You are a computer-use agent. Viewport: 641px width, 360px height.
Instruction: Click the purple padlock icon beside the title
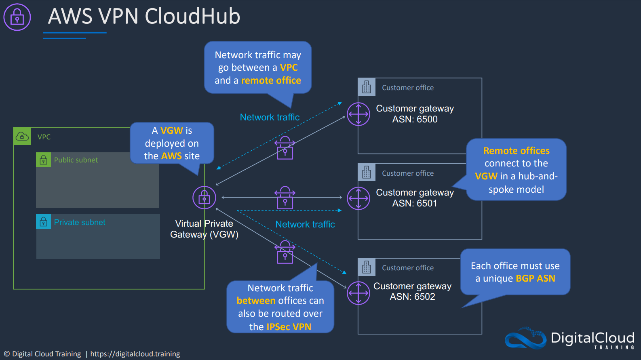click(x=17, y=17)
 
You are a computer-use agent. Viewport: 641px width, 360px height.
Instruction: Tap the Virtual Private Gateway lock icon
click(x=204, y=198)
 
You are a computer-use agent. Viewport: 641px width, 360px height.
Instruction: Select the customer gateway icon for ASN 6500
click(x=358, y=114)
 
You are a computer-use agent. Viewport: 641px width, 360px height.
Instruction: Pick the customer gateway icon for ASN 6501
click(x=358, y=198)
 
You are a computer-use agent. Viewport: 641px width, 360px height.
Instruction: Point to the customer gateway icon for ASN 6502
click(x=358, y=293)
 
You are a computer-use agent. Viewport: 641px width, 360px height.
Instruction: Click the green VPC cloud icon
click(x=22, y=136)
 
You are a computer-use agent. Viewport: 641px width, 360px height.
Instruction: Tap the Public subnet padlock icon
click(x=44, y=160)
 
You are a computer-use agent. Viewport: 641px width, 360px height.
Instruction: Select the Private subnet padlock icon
click(x=44, y=222)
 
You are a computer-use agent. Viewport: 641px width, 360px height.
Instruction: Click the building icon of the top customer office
click(x=367, y=87)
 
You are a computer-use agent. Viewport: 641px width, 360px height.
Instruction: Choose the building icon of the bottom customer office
click(x=367, y=267)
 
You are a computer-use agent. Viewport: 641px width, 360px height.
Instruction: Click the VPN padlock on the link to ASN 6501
click(x=285, y=198)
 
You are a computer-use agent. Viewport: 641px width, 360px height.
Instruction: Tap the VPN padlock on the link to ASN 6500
click(x=285, y=147)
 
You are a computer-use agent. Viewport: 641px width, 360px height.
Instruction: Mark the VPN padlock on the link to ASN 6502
click(x=285, y=252)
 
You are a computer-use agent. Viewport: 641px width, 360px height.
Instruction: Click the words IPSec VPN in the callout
click(x=289, y=326)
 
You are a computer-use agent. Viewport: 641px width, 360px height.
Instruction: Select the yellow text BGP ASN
click(x=536, y=278)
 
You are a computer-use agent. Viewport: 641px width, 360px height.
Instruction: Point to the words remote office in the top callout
click(x=271, y=80)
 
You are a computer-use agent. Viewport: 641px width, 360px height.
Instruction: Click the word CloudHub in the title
click(x=193, y=16)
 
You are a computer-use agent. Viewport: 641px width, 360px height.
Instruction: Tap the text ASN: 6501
click(x=415, y=203)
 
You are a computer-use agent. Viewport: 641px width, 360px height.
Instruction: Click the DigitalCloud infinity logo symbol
click(x=525, y=338)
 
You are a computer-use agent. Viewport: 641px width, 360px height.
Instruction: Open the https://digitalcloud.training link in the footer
click(x=135, y=354)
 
